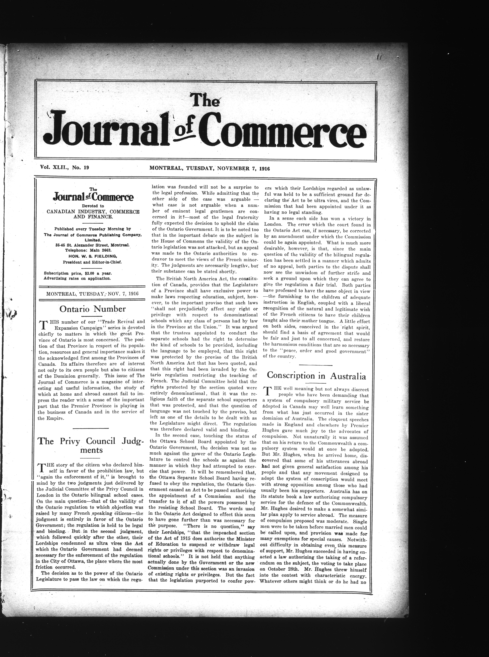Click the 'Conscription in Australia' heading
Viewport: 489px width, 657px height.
pos(316,376)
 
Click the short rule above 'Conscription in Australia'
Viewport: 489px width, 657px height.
pos(318,365)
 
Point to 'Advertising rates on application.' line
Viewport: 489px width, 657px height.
pos(77,278)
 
